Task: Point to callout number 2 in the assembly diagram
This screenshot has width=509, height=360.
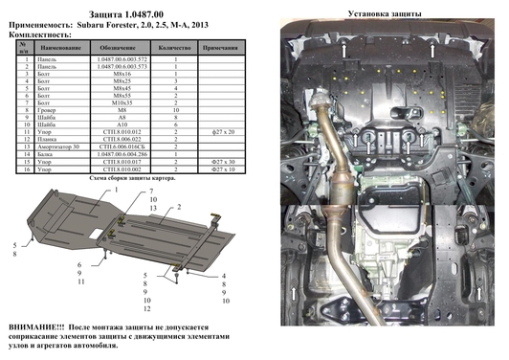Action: click(178, 206)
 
